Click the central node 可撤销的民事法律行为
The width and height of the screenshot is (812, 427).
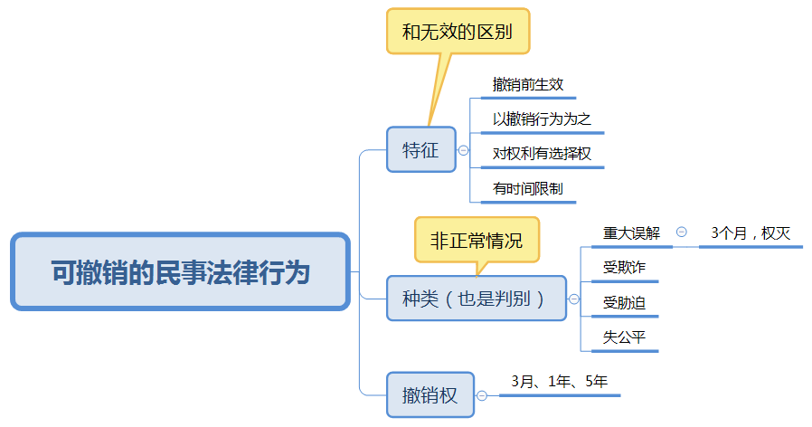click(180, 271)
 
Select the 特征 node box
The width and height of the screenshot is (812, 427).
click(420, 150)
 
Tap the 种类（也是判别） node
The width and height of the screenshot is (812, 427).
click(476, 299)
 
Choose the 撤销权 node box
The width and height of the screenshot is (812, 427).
click(430, 395)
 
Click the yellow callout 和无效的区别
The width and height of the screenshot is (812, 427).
click(457, 33)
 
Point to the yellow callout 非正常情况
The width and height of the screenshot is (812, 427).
click(476, 241)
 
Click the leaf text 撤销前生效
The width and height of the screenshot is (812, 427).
click(528, 84)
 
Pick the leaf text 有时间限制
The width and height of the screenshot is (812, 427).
click(528, 189)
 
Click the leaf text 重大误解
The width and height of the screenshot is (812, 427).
click(632, 232)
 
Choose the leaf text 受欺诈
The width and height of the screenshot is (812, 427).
click(625, 267)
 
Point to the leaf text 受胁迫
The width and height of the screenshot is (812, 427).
click(625, 302)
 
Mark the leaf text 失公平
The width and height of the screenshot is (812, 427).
click(625, 337)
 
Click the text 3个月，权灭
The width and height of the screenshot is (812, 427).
click(751, 232)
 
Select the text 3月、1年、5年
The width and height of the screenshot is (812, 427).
click(559, 381)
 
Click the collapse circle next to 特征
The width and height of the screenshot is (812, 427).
click(464, 151)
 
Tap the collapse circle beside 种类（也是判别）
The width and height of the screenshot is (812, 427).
click(573, 299)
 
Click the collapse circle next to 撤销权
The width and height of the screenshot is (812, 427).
click(482, 395)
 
